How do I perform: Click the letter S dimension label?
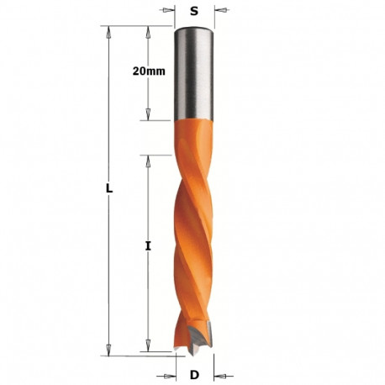[195, 12]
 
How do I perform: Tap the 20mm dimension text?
[149, 72]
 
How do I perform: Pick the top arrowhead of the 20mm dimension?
[148, 30]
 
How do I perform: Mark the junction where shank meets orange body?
[194, 119]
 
